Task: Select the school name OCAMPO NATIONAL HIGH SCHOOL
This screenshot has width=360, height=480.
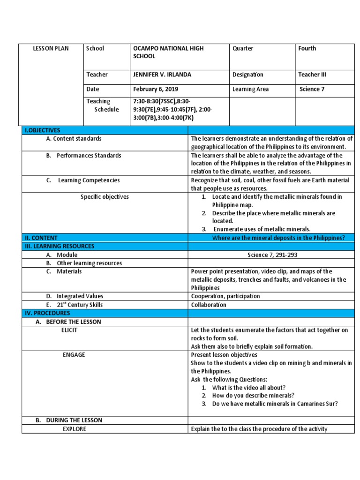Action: pyautogui.click(x=168, y=52)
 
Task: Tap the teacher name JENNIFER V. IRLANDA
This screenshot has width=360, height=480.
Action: pyautogui.click(x=162, y=75)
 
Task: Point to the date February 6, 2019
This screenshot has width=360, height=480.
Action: pyautogui.click(x=156, y=89)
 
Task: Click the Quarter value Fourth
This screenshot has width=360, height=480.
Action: pyautogui.click(x=307, y=49)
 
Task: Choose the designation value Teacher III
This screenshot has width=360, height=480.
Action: pyautogui.click(x=312, y=75)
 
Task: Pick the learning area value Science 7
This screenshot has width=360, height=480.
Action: pyautogui.click(x=312, y=89)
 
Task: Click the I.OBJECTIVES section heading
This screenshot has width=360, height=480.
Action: pyautogui.click(x=43, y=130)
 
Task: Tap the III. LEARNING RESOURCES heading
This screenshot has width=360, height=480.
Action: pyautogui.click(x=60, y=246)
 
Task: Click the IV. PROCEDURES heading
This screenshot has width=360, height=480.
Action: pyautogui.click(x=47, y=313)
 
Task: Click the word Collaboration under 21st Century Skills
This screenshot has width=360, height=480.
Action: pyautogui.click(x=209, y=305)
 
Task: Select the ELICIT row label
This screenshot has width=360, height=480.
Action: pyautogui.click(x=69, y=330)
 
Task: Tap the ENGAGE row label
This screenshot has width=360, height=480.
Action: pyautogui.click(x=74, y=355)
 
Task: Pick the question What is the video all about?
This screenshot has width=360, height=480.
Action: pyautogui.click(x=248, y=388)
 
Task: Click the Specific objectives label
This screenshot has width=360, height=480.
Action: pyautogui.click(x=105, y=197)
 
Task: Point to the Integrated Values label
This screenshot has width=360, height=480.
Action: pyautogui.click(x=80, y=296)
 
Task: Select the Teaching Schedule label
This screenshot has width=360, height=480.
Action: pyautogui.click(x=102, y=105)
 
